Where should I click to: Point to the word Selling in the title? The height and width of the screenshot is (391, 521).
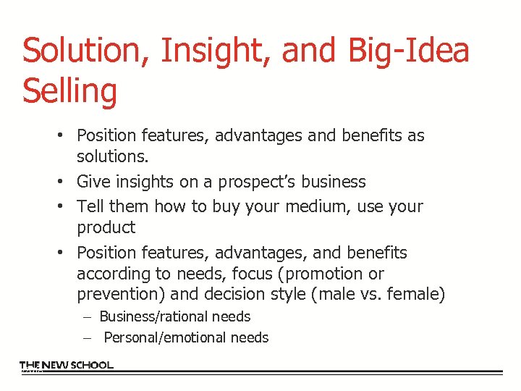69,92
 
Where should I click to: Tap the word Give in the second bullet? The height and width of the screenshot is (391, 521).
93,182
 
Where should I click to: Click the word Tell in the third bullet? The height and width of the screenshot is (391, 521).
90,206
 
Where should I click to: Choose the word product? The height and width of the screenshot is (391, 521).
106,227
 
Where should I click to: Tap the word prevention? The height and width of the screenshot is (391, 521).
113,295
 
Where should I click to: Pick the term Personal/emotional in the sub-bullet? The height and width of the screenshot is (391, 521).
164,337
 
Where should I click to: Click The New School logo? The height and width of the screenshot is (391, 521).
66,366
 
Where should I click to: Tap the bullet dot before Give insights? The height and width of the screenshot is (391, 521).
64,182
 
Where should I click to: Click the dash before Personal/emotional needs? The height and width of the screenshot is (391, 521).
86,337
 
